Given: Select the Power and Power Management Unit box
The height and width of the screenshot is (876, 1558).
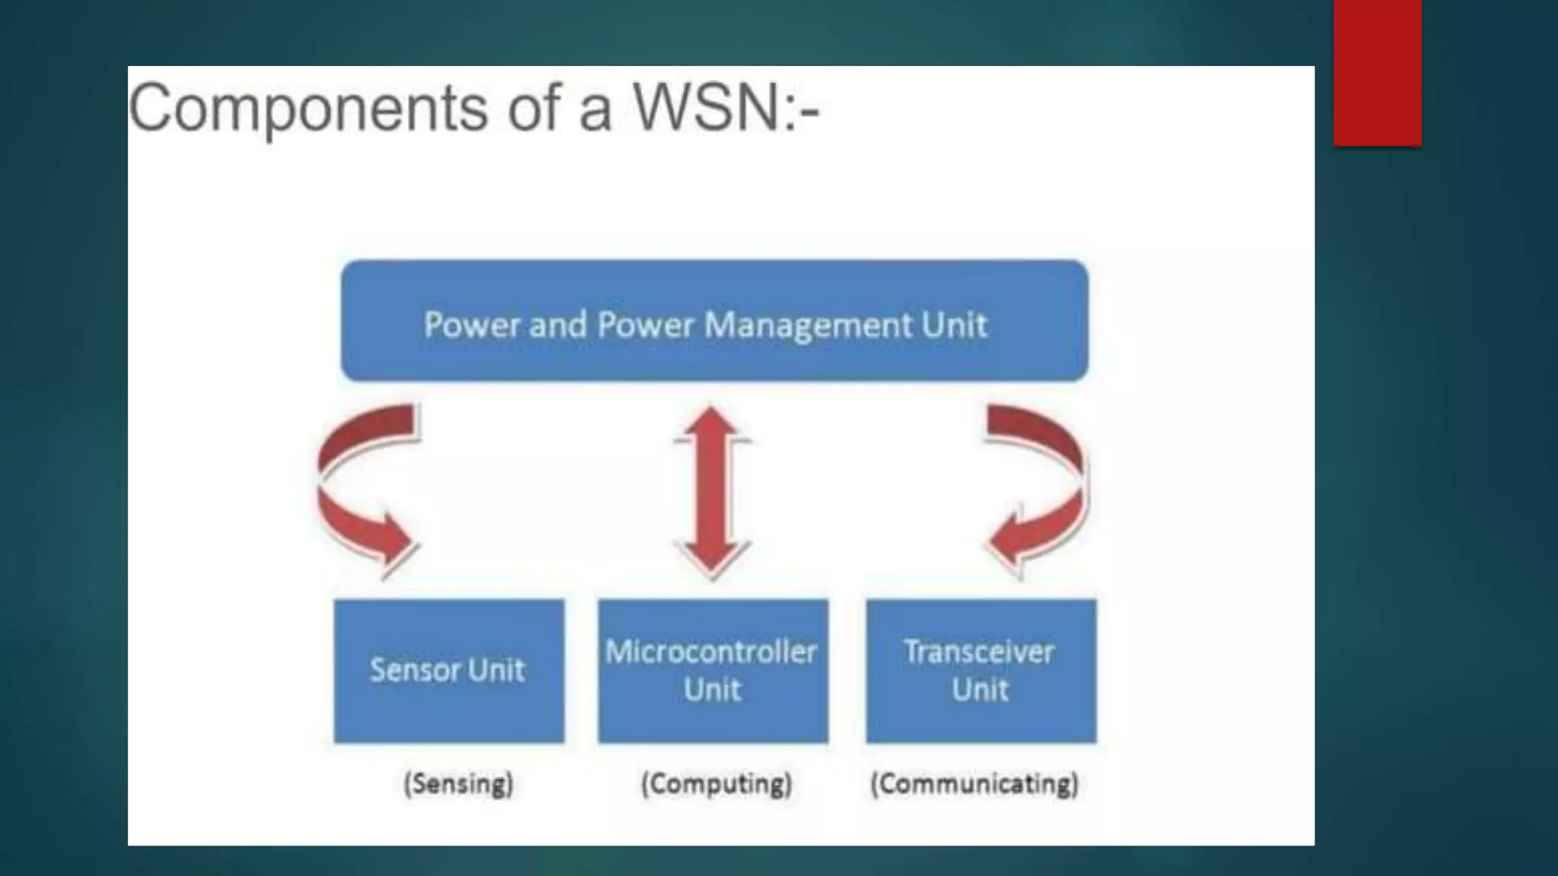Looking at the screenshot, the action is point(714,320).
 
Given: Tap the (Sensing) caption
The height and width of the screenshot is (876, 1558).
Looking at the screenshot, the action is point(459,783).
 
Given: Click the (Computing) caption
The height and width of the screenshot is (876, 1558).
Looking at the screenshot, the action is point(717,783).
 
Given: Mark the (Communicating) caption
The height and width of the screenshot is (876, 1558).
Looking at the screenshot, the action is point(975,783).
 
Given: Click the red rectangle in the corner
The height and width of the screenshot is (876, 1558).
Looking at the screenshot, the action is point(1377,72).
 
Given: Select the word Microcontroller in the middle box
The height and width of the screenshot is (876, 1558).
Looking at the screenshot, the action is point(711,652).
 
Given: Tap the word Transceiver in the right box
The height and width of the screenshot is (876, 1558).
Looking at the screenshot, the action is point(979,652).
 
